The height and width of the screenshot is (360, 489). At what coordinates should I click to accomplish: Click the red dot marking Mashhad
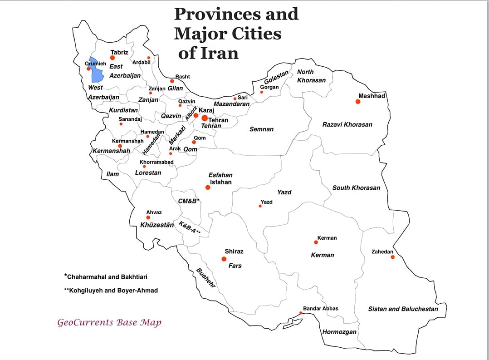[x=358, y=102]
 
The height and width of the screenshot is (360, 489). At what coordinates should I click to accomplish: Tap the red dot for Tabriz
[x=112, y=58]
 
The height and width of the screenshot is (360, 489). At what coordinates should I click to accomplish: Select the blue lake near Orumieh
[x=94, y=69]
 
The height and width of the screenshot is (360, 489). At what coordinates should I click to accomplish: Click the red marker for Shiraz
[x=224, y=259]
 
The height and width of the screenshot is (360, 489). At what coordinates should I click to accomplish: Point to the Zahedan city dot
[x=393, y=257]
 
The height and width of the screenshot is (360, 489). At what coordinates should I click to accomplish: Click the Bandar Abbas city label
[x=321, y=309]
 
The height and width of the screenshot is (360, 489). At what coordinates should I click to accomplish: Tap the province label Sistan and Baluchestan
[x=403, y=309]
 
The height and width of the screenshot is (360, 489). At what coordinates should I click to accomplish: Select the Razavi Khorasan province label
[x=347, y=124]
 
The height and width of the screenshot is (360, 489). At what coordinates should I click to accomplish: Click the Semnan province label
[x=261, y=129]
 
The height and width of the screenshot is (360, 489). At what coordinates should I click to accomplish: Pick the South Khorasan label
[x=356, y=188]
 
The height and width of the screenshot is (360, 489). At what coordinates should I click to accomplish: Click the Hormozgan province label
[x=339, y=332]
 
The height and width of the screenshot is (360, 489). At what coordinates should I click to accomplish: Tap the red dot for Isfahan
[x=208, y=187]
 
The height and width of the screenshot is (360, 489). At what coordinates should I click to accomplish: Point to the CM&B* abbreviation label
[x=189, y=201]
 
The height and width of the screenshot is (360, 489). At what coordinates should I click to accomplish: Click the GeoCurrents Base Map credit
[x=109, y=323]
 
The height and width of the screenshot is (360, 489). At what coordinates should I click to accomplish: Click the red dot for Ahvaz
[x=148, y=217]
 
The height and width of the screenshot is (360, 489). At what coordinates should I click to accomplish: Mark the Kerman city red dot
[x=316, y=242]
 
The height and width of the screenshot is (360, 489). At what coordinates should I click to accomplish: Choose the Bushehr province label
[x=205, y=278]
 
